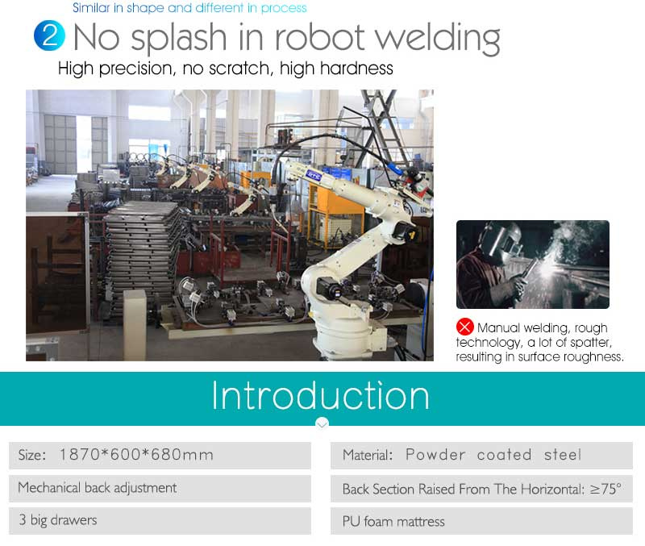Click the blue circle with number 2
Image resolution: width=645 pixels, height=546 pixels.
(x=49, y=35)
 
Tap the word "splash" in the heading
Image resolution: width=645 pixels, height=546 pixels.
(x=178, y=38)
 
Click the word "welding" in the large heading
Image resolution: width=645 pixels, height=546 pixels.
(x=437, y=38)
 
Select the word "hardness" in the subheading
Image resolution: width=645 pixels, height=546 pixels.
(x=356, y=69)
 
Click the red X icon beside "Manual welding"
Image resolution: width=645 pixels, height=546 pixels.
(x=465, y=327)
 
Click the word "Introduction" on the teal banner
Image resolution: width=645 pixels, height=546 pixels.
(x=320, y=395)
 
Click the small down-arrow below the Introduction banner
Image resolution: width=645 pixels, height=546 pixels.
(x=322, y=423)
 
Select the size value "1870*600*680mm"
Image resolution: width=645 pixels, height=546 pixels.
(x=136, y=455)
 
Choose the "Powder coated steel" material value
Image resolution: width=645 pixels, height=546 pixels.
(x=493, y=455)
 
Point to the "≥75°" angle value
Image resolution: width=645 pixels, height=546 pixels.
(x=605, y=489)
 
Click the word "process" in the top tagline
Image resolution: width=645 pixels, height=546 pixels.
(x=284, y=8)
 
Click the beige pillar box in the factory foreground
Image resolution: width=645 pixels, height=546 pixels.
(x=135, y=324)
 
